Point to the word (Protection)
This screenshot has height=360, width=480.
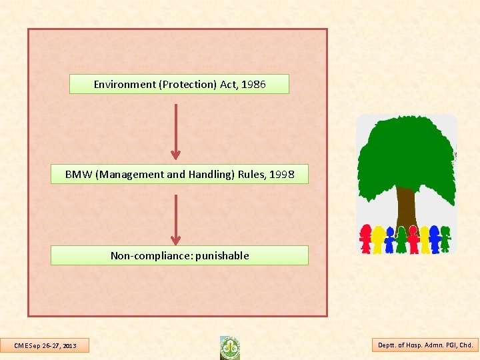point(183,85)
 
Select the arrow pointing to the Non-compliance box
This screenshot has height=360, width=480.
point(175,220)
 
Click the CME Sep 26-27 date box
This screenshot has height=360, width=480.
point(45,345)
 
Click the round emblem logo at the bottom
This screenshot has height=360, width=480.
point(230,347)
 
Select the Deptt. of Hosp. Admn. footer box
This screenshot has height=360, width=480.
point(425,345)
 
